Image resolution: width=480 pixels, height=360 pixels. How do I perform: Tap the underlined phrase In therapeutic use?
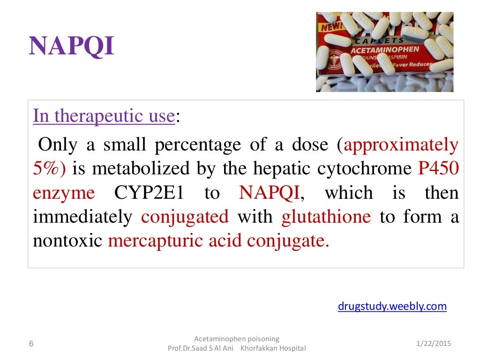coord(104,116)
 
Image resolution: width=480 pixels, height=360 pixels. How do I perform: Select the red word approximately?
coord(401,145)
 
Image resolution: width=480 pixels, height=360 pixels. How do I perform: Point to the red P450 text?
coord(438,169)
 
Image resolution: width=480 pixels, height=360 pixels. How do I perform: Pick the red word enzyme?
coord(64,193)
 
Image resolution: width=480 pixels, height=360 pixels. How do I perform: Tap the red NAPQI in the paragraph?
coord(269,193)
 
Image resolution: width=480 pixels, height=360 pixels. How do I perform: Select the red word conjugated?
coord(185,217)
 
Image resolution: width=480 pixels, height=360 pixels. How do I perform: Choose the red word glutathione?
coord(326,217)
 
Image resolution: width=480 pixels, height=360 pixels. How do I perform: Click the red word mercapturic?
coord(151,241)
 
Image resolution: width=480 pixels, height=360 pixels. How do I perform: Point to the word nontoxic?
coord(67,241)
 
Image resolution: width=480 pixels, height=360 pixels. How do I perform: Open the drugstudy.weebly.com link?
coord(392,307)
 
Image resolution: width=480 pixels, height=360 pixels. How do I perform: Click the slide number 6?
coord(31,344)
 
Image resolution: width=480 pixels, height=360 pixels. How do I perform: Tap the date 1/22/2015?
coord(433,344)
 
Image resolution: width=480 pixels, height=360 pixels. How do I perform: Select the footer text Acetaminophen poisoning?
coord(236,338)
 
